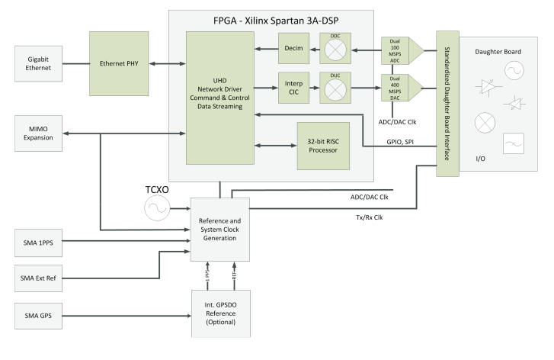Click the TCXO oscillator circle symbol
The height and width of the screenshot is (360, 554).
[x=158, y=207]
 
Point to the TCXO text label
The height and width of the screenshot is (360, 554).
[x=158, y=186]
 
